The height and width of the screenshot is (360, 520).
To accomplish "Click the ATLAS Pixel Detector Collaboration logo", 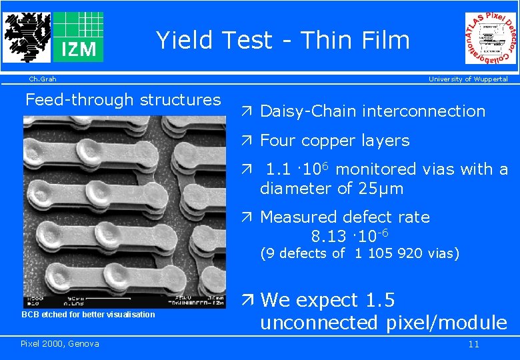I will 491,39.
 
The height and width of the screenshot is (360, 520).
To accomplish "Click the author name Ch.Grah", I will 42,79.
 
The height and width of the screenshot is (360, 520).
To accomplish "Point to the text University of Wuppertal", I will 468,79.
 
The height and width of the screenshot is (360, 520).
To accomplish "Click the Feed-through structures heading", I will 123,100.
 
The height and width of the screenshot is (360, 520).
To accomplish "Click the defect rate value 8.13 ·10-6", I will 350,236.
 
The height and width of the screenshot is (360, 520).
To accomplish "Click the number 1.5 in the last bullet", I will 381,300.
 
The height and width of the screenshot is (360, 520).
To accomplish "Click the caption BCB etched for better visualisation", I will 88,315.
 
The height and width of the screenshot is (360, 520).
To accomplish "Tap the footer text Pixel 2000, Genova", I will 60,344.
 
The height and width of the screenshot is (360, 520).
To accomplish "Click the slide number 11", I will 473,345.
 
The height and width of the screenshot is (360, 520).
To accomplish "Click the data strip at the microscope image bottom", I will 124,301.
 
